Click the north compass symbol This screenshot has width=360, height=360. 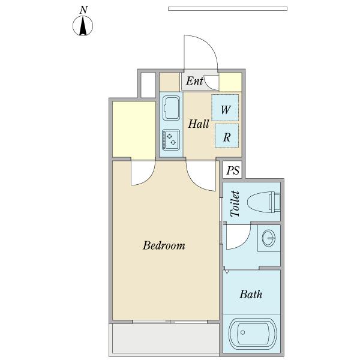(83, 26)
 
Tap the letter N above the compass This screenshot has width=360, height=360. (84, 10)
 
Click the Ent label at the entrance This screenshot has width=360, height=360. (194, 81)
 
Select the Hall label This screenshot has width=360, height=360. (199, 124)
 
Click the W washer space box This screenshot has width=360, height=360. (225, 107)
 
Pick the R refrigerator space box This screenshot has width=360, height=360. (227, 136)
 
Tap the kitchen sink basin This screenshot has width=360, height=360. (171, 108)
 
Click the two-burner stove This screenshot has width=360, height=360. (171, 140)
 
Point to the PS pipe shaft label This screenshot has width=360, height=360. (233, 170)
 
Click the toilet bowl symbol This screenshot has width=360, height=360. (264, 202)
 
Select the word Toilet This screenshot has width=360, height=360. (235, 204)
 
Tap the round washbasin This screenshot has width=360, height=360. (269, 238)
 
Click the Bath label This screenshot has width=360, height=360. (251, 294)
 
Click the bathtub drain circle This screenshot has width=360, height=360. (242, 332)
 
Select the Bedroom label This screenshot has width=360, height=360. (164, 245)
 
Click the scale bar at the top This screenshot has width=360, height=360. (227, 9)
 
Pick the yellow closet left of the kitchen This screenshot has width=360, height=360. (134, 130)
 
